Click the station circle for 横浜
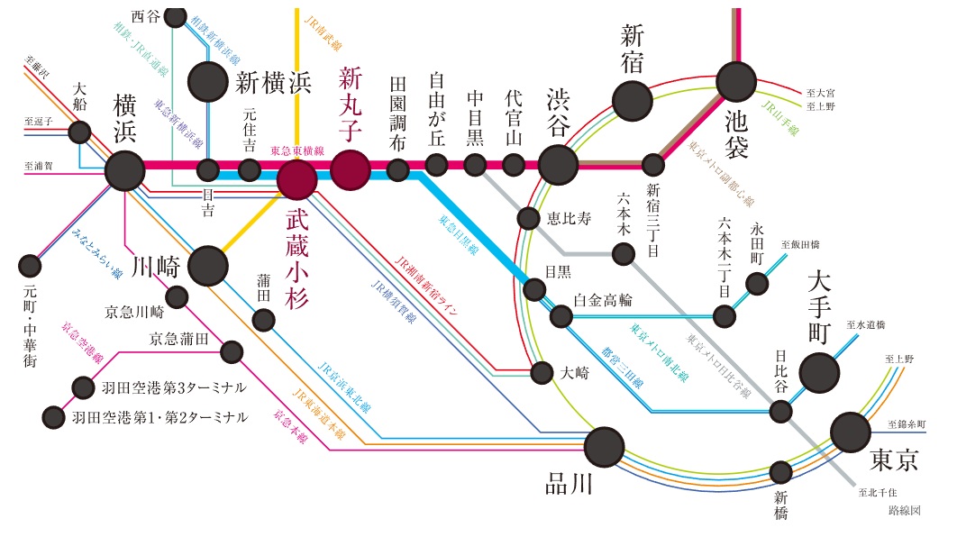(x=124, y=169)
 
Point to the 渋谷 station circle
(x=558, y=164)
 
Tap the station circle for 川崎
(x=207, y=265)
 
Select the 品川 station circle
(x=604, y=445)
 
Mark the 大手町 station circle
(x=819, y=372)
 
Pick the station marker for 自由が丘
(x=436, y=164)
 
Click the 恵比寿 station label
(x=569, y=217)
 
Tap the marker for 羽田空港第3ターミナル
(x=83, y=387)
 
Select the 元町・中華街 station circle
(x=30, y=267)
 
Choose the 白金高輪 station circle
(x=561, y=316)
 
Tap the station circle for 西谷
(x=176, y=17)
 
